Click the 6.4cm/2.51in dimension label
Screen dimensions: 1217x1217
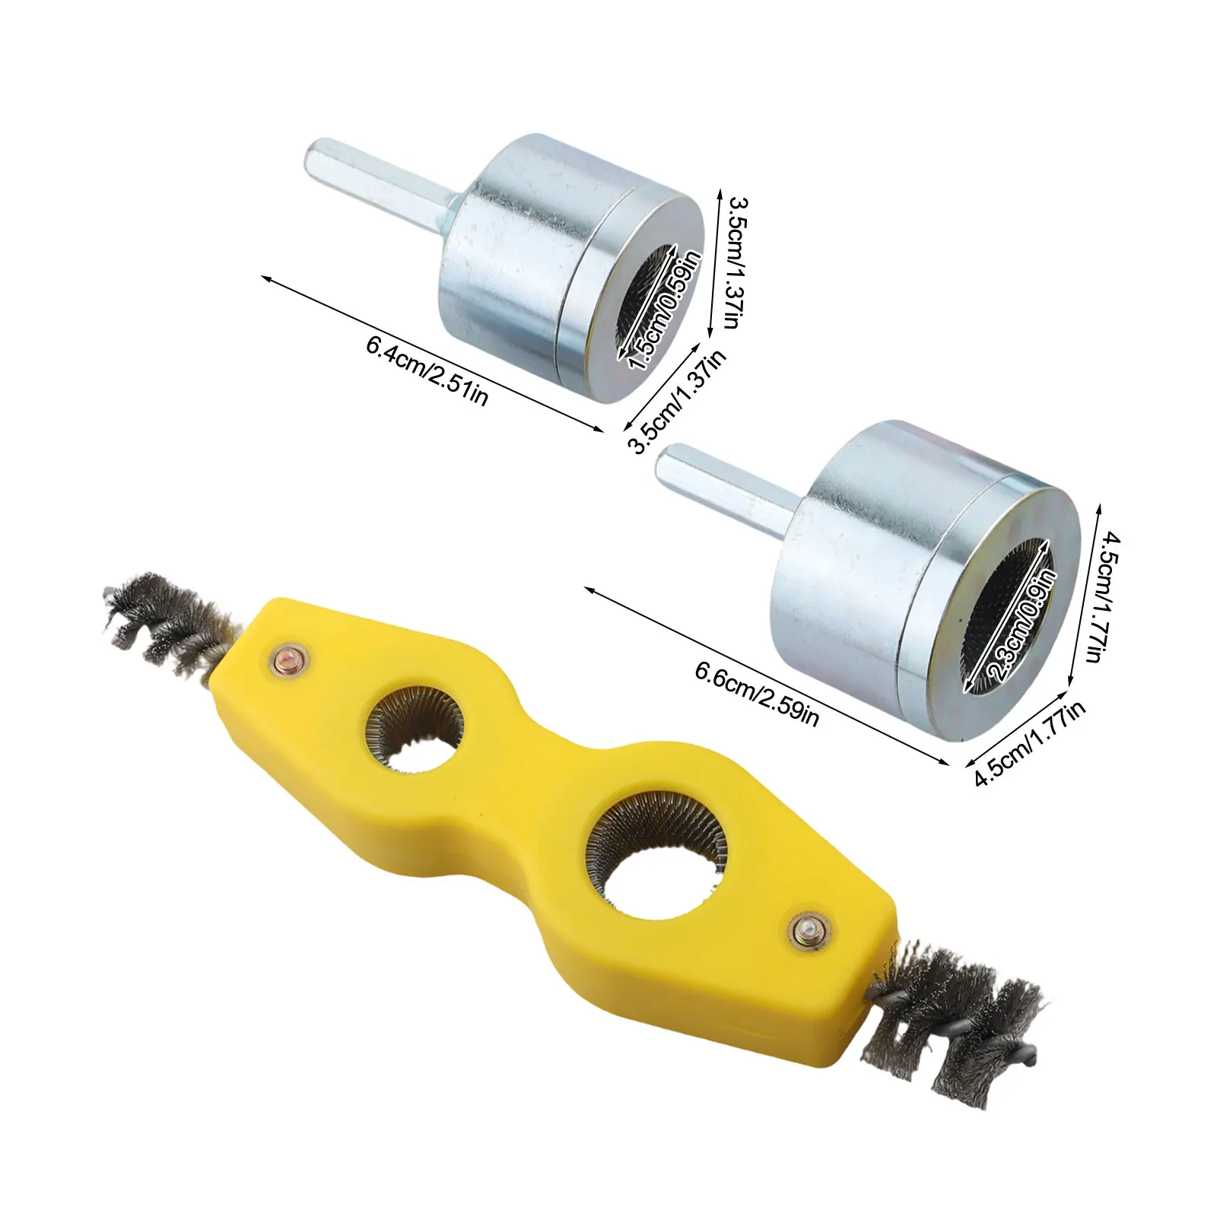[x=427, y=370]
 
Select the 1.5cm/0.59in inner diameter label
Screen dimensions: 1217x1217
[x=659, y=310]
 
